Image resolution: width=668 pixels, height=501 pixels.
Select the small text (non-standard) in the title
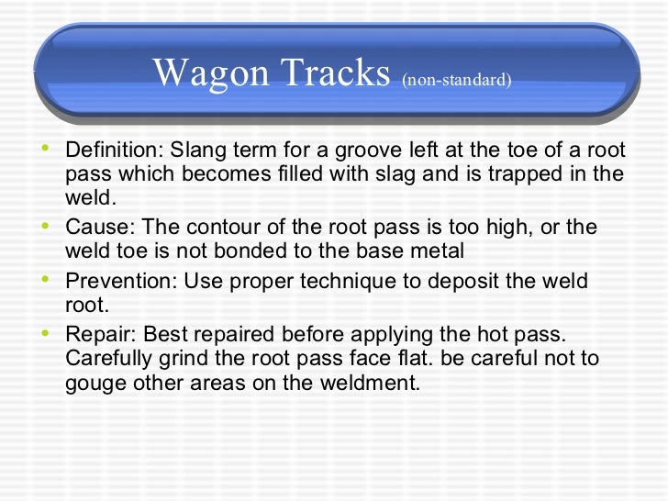click(x=456, y=80)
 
